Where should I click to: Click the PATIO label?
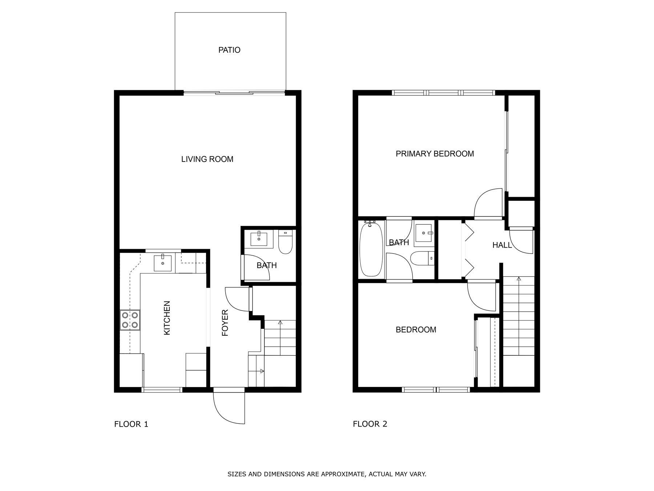click(x=229, y=50)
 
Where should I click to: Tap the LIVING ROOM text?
click(x=207, y=159)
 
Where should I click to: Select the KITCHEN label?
click(x=167, y=318)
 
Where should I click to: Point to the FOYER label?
click(x=225, y=323)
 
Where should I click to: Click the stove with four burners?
click(x=130, y=320)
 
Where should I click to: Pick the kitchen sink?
click(x=163, y=263)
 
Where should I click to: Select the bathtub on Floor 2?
click(x=371, y=249)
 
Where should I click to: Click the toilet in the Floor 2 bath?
click(x=423, y=259)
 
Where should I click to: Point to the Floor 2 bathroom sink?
click(x=424, y=233)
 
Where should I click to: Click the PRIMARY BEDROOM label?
click(x=435, y=154)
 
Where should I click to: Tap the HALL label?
click(x=502, y=245)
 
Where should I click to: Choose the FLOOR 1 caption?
click(x=131, y=424)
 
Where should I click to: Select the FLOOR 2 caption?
click(x=370, y=424)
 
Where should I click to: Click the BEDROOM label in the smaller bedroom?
click(x=416, y=330)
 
